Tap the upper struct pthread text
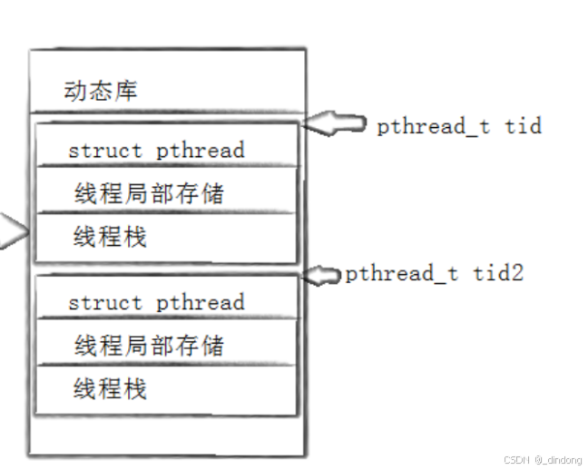click(x=156, y=150)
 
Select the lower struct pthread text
click(x=156, y=302)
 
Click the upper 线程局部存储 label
click(x=149, y=193)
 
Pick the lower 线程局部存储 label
click(x=149, y=345)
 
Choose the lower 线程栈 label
click(x=110, y=388)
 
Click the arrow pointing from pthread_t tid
click(x=335, y=124)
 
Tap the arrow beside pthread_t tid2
click(x=322, y=274)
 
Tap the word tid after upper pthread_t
click(x=524, y=126)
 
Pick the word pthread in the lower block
click(x=201, y=302)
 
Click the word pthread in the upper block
click(x=201, y=150)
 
